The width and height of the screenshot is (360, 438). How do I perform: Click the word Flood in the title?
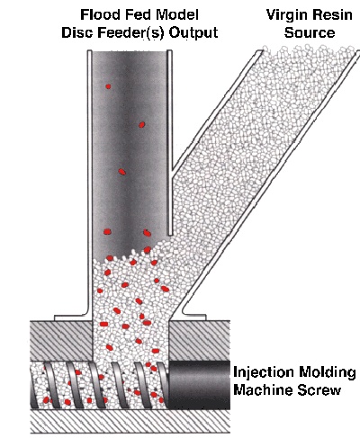click(97, 14)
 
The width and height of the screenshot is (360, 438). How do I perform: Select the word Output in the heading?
click(193, 33)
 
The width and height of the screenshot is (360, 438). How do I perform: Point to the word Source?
click(310, 32)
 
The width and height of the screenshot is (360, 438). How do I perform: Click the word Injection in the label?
click(264, 372)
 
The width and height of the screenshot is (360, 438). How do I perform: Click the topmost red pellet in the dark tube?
click(108, 86)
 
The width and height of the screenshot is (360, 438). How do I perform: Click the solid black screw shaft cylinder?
click(199, 385)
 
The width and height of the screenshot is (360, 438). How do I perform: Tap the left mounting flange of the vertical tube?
click(72, 317)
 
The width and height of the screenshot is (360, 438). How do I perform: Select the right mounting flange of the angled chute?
click(193, 317)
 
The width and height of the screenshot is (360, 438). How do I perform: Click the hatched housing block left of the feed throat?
click(61, 341)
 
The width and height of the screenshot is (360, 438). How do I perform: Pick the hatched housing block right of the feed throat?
click(200, 341)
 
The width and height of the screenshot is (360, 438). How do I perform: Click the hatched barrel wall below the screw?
click(130, 422)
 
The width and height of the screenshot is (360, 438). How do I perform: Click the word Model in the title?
click(179, 14)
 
